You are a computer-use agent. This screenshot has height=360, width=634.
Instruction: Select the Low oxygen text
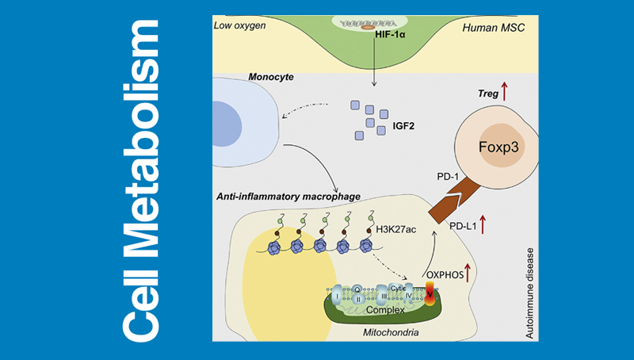coord(240,26)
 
